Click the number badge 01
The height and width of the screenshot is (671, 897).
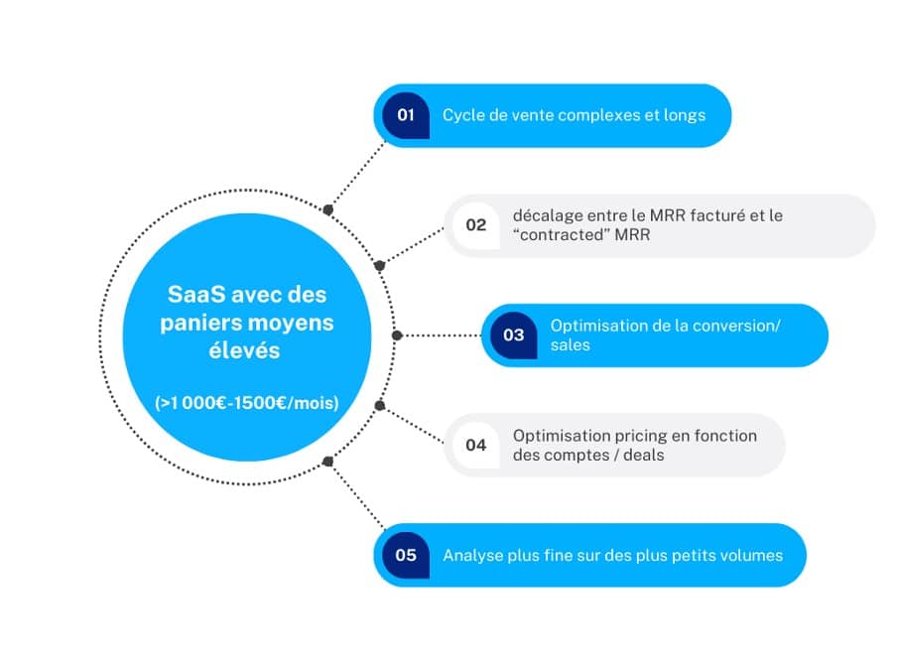(x=406, y=115)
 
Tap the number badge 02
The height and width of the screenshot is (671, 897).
(x=476, y=224)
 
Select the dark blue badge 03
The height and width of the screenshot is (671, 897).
(x=513, y=335)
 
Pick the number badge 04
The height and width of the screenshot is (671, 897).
(x=476, y=445)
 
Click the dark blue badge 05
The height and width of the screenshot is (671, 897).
(x=406, y=555)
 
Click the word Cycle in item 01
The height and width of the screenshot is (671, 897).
(x=463, y=115)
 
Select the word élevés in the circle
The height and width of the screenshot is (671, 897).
(x=244, y=350)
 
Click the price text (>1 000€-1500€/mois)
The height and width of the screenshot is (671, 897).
(x=246, y=403)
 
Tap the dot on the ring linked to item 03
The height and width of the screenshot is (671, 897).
(x=397, y=335)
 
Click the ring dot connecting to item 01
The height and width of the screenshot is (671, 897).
(x=327, y=210)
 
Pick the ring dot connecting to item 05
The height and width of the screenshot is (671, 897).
(x=327, y=461)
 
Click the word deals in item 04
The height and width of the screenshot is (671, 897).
(x=644, y=455)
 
